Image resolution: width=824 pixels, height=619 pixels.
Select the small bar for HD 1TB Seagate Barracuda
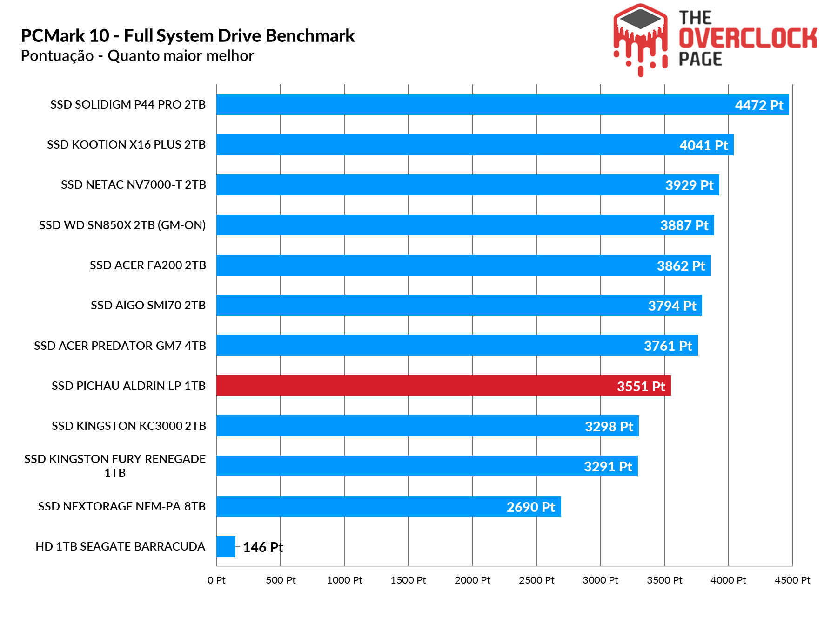(x=226, y=546)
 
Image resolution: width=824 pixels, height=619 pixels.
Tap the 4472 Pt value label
(x=759, y=105)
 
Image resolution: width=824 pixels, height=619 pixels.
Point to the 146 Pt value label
(x=263, y=547)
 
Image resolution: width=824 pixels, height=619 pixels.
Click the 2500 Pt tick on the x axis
(x=536, y=580)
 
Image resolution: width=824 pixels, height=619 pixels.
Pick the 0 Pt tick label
(x=216, y=580)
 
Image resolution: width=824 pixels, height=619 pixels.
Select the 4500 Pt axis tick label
(x=792, y=580)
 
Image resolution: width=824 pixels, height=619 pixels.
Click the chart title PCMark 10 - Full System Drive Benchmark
(x=188, y=36)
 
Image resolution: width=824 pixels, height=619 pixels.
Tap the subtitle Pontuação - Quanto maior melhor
(x=137, y=56)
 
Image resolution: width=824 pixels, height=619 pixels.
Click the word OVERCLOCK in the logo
(x=748, y=38)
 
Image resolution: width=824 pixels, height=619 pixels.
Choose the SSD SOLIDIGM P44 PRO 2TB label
(x=128, y=104)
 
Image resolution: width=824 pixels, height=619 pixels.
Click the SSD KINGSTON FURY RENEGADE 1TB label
(x=115, y=465)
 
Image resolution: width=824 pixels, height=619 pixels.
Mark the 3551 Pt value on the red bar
(x=641, y=386)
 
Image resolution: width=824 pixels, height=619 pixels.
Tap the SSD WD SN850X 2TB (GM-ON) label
(x=122, y=225)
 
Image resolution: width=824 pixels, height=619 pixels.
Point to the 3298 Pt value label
(x=609, y=426)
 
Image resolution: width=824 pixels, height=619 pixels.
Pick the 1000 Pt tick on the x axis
(x=344, y=580)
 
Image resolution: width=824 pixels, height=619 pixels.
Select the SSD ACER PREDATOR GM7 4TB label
(x=120, y=346)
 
